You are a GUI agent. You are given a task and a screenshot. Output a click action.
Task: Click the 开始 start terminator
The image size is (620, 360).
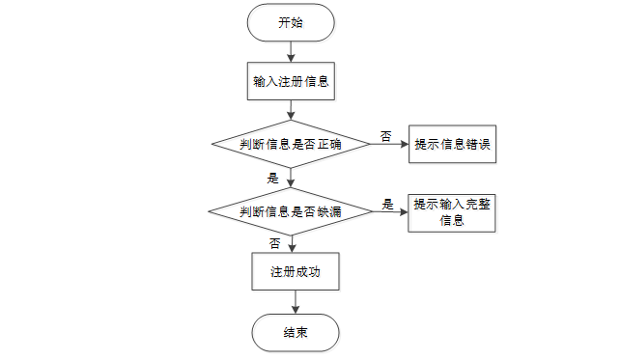pos(291,23)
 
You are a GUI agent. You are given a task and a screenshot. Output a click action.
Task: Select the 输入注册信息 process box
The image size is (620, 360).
pos(291,82)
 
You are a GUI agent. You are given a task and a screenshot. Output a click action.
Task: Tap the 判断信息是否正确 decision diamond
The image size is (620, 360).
pos(291,145)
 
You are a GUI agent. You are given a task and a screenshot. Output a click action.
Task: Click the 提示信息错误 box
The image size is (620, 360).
pos(452,145)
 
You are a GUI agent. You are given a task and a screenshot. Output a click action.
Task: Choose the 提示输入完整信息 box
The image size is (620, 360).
pos(452,212)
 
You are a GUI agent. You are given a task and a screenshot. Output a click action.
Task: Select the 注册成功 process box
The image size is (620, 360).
pos(291,273)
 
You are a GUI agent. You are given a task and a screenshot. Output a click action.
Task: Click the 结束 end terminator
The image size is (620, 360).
pos(296,333)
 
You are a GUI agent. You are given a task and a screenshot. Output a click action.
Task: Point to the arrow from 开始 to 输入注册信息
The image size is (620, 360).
pos(291,52)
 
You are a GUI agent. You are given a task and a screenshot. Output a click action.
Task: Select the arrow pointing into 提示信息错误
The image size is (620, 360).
pos(388,145)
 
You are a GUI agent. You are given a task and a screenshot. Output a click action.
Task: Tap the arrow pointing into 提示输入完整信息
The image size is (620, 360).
pos(388,211)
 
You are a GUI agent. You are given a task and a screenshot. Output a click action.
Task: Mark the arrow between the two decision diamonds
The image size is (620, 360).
pos(291,179)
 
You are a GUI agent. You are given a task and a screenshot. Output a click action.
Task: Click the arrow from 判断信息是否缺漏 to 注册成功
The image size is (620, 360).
pos(291,243)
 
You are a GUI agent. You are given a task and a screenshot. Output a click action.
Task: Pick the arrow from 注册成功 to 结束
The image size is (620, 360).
pos(291,304)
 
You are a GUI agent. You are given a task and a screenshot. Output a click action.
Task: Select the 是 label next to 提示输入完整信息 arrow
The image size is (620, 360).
pos(388,204)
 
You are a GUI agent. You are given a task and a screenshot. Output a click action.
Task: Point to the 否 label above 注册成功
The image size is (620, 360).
pos(275,243)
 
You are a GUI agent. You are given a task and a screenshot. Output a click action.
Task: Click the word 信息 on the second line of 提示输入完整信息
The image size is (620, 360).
pos(452,220)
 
